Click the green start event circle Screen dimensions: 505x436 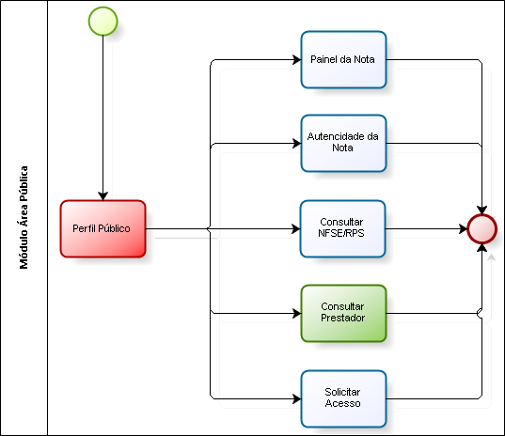coord(103,22)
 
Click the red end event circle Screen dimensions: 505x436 coord(482,229)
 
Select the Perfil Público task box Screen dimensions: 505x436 coord(103,228)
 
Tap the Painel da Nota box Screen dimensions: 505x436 coord(343,59)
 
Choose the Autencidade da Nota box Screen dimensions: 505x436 coord(343,143)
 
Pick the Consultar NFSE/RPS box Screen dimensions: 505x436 coord(342,228)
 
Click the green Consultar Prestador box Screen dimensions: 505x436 coord(343,314)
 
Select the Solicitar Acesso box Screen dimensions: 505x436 coord(343,399)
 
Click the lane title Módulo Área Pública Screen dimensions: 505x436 coord(24,217)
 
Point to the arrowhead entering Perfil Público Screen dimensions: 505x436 coord(103,196)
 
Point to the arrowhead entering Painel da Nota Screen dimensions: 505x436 coord(296,59)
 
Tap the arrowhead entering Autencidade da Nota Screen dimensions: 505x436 coord(296,143)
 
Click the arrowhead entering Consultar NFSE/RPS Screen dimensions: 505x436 coord(296,229)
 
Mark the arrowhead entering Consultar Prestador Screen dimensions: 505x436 coord(296,314)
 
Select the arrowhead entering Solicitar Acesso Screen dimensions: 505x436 coord(296,399)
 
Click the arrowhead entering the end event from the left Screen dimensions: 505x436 coord(464,229)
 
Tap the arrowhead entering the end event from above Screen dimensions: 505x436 coord(482,210)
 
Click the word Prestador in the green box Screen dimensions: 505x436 coord(343,318)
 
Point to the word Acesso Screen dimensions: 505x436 coord(342,403)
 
